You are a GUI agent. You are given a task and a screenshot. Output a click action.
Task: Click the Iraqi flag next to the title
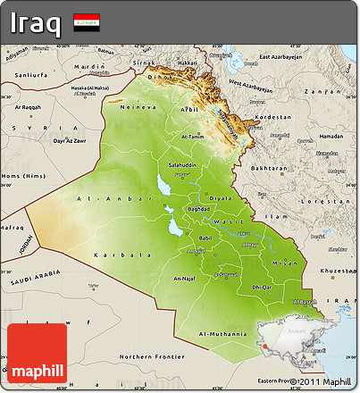(87, 20)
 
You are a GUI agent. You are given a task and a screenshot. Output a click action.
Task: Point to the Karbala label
(112, 255)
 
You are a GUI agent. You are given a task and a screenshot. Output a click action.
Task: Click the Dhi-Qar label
(262, 287)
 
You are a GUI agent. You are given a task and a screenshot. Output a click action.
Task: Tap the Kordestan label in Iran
(272, 117)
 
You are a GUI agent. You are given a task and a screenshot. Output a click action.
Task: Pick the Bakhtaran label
(268, 168)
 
